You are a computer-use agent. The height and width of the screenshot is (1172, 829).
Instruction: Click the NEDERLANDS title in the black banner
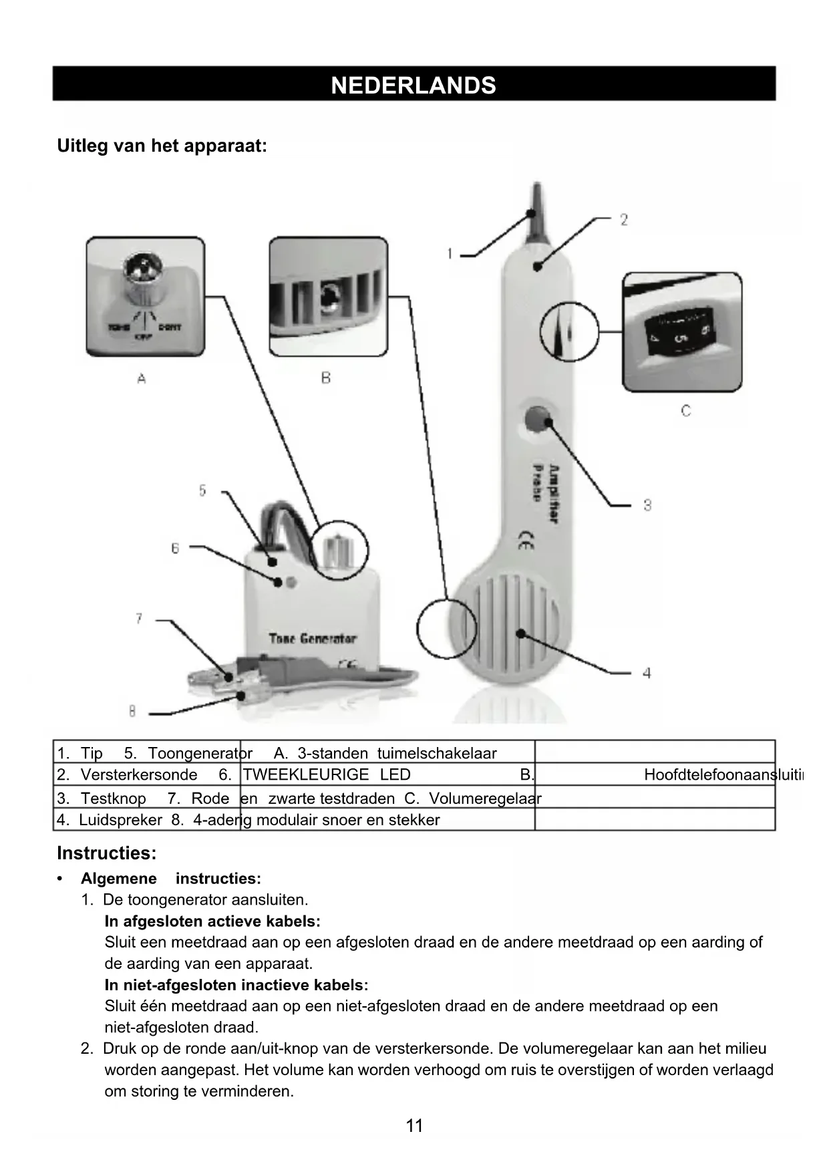click(x=413, y=86)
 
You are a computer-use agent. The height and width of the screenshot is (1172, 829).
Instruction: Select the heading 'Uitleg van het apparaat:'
click(x=162, y=146)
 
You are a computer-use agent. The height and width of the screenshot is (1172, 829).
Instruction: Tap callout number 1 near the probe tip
click(x=450, y=254)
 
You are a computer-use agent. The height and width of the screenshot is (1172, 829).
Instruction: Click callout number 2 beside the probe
click(x=623, y=220)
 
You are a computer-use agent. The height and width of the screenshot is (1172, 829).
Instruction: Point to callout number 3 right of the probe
click(x=647, y=505)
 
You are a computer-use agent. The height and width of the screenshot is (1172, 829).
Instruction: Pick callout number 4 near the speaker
click(x=647, y=673)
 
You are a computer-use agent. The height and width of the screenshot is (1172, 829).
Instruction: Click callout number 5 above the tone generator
click(x=202, y=490)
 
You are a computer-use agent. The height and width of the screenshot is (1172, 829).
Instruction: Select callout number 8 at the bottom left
click(x=132, y=712)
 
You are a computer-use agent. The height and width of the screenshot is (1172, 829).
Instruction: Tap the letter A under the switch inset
click(x=142, y=379)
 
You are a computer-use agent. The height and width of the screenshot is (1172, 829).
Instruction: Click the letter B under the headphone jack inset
click(x=326, y=378)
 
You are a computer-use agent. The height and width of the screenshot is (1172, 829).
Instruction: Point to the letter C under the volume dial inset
click(x=685, y=410)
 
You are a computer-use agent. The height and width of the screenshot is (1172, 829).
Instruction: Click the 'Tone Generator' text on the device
click(x=313, y=639)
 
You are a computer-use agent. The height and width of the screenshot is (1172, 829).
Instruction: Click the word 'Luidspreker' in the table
click(x=120, y=820)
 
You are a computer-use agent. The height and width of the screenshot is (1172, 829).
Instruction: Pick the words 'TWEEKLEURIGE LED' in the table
click(x=327, y=774)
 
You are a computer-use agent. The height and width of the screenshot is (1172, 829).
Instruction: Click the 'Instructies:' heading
click(x=107, y=853)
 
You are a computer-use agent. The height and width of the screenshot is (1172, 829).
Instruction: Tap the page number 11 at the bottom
click(x=414, y=1126)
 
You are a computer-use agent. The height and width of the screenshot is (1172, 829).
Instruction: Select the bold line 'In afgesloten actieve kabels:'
click(x=212, y=921)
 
